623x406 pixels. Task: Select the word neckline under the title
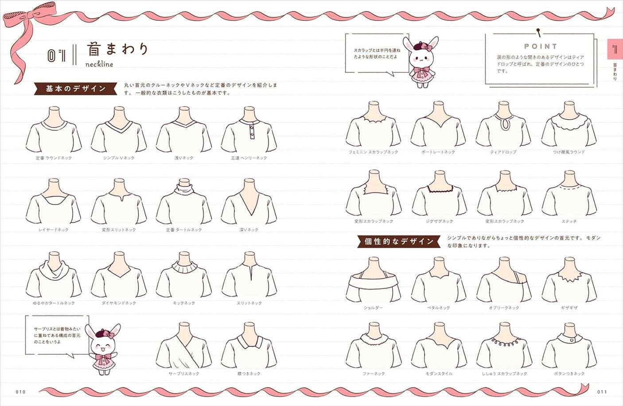click(99, 64)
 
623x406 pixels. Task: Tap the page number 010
click(20, 392)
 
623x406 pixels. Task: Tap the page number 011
click(602, 392)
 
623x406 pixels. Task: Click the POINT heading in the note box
click(541, 46)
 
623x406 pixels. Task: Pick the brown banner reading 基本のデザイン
click(76, 89)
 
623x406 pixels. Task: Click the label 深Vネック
click(249, 230)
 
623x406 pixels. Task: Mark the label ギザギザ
click(569, 308)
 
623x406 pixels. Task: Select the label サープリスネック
click(183, 374)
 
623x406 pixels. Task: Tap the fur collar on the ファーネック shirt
click(374, 339)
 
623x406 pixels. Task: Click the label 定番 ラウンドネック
click(54, 158)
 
